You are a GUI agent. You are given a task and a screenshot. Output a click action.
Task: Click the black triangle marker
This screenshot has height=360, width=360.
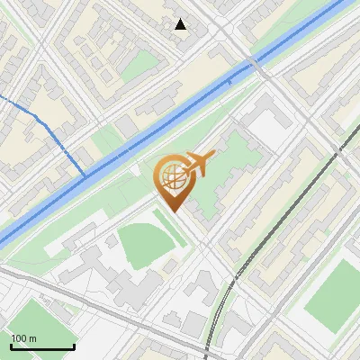(x=182, y=24)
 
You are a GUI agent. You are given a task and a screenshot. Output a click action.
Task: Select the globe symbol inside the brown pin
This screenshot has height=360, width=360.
(x=172, y=177)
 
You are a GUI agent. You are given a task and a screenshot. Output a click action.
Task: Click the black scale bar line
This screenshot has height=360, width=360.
(x=42, y=346)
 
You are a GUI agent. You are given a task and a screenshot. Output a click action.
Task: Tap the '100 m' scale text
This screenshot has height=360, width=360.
(x=24, y=338)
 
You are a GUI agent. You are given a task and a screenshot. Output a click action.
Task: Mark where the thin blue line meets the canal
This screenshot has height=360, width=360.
(x=86, y=173)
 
